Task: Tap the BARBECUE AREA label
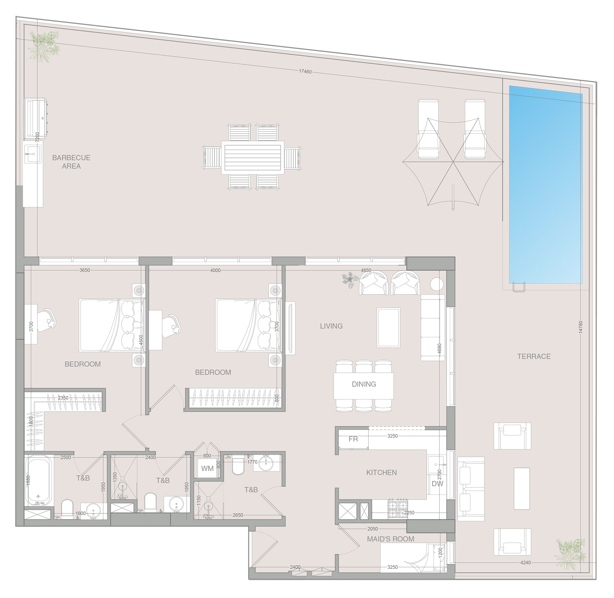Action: [x=71, y=162]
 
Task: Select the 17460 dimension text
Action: [x=305, y=72]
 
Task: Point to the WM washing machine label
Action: [x=207, y=469]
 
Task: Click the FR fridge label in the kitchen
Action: [x=353, y=439]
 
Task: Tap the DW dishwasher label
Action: [x=437, y=484]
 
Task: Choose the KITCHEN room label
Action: [x=382, y=472]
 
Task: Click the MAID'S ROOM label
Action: [x=390, y=539]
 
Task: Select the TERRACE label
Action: [x=534, y=356]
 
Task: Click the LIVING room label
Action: [x=331, y=326]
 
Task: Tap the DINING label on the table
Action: [x=364, y=384]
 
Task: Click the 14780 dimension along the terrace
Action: [x=581, y=327]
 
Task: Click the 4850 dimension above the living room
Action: [x=366, y=270]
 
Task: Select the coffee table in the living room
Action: [x=389, y=327]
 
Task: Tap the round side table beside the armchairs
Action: [x=437, y=284]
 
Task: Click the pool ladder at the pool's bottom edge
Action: [x=518, y=287]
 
